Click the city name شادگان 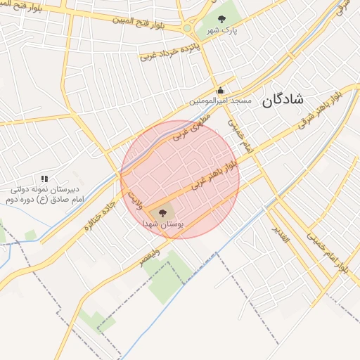(283, 101)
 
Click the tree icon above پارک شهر (222, 19)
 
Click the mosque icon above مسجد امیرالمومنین (220, 90)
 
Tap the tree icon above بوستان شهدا (162, 211)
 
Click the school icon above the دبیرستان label (45, 179)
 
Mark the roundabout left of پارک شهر (187, 29)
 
